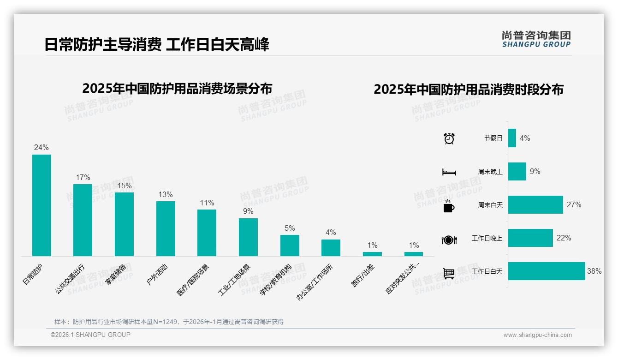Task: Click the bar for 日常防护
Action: pos(42,205)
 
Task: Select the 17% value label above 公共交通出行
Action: pos(83,177)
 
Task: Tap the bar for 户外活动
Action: pos(166,228)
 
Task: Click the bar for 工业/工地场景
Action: pos(248,237)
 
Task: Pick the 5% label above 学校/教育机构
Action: pos(290,228)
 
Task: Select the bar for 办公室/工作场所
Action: pos(331,247)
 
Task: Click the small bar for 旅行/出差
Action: pos(372,254)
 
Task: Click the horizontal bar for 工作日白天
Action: pos(547,271)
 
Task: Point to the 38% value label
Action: pos(594,271)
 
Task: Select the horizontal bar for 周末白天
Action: pos(535,204)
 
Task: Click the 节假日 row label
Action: pos(493,138)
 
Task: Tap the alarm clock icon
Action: pos(449,138)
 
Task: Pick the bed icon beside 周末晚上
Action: pos(449,172)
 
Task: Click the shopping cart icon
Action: pos(449,273)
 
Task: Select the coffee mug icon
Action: pos(449,206)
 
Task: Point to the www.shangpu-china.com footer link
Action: pos(537,335)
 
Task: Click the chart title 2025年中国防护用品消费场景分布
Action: pos(177,88)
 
